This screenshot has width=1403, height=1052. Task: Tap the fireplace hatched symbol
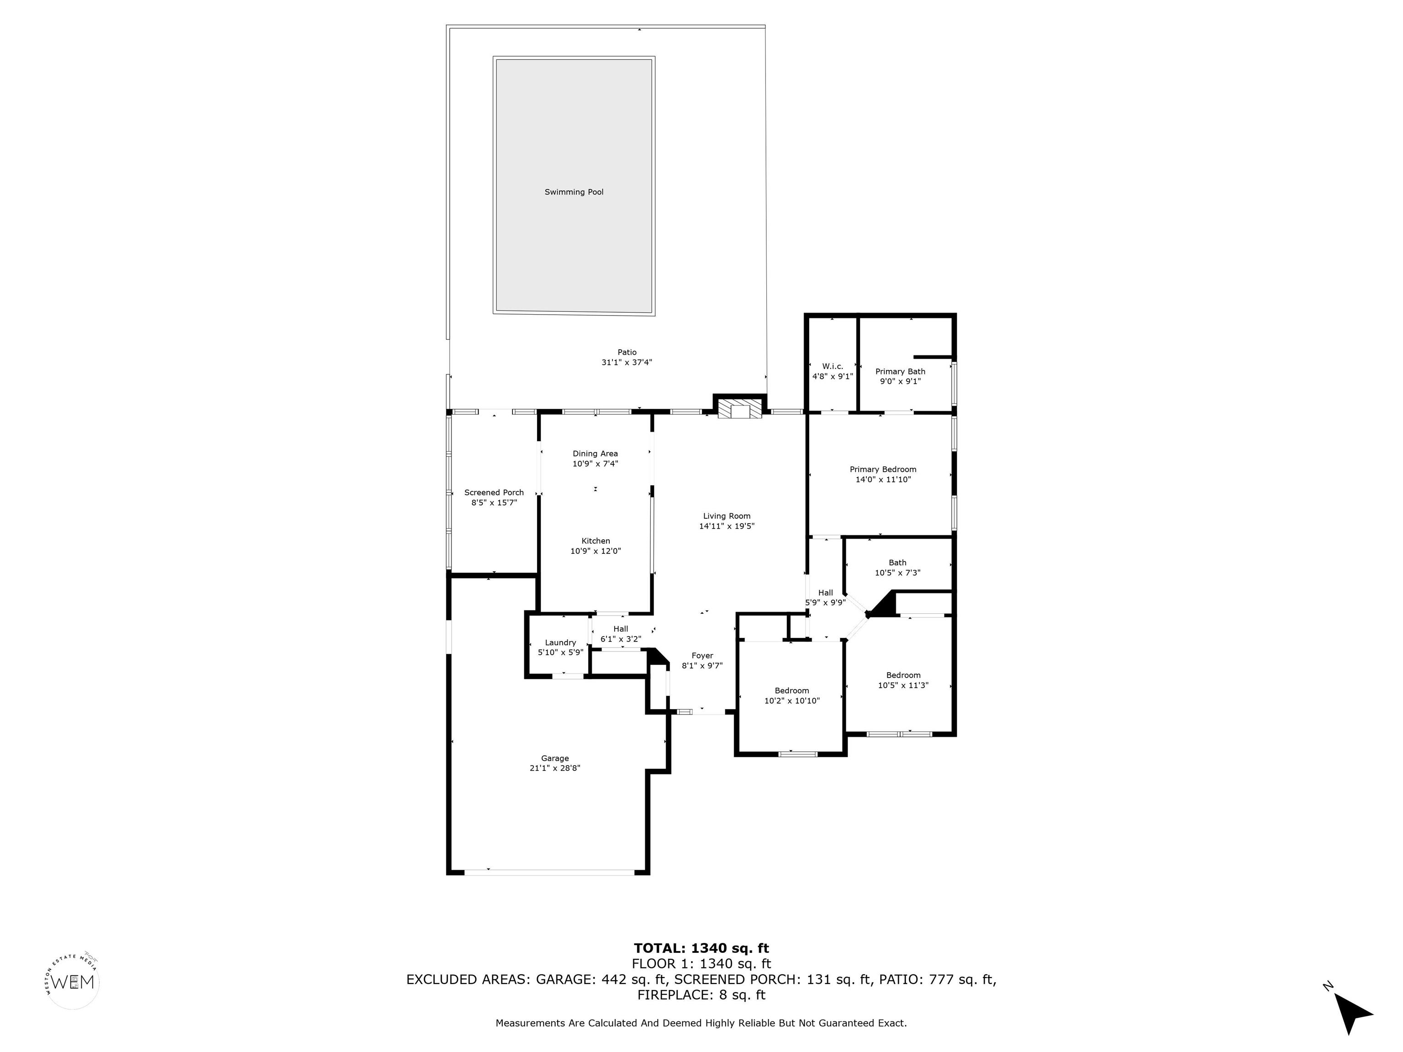pos(739,408)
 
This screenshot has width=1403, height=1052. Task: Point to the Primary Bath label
pos(900,372)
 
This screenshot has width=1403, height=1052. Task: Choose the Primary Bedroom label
pos(883,470)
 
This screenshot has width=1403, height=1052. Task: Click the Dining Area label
pos(595,453)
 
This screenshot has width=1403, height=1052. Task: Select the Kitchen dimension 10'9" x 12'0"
pos(596,551)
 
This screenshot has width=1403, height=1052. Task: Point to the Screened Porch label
pos(494,493)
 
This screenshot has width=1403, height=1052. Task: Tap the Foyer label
pos(702,656)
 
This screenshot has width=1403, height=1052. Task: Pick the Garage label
pos(555,758)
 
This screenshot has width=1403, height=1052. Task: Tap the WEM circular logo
pos(73,982)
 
